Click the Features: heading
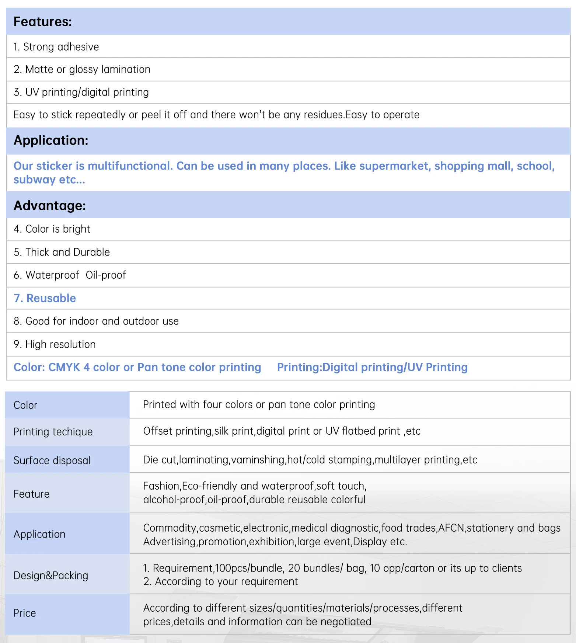pyautogui.click(x=43, y=22)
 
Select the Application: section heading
pyautogui.click(x=51, y=140)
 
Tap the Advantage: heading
pyautogui.click(x=50, y=205)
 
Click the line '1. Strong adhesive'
pyautogui.click(x=56, y=47)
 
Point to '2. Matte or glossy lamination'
pyautogui.click(x=82, y=69)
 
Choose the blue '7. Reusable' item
pyautogui.click(x=45, y=298)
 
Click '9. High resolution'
pyautogui.click(x=55, y=344)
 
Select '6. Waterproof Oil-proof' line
pyautogui.click(x=70, y=275)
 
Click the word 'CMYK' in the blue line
pyautogui.click(x=64, y=367)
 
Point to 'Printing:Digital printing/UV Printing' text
pyautogui.click(x=372, y=367)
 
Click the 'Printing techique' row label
pyautogui.click(x=53, y=432)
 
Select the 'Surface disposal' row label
pyautogui.click(x=52, y=460)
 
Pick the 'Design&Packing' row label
pyautogui.click(x=51, y=576)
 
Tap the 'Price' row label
pyautogui.click(x=25, y=613)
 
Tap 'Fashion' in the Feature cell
pyautogui.click(x=161, y=486)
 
